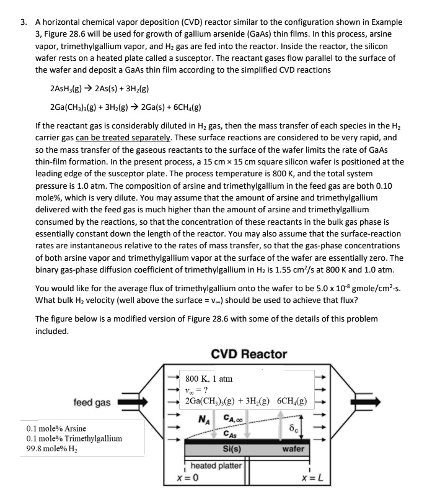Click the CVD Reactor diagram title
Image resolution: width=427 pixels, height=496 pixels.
coord(249,354)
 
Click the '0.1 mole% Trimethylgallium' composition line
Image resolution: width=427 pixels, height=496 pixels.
coord(74,438)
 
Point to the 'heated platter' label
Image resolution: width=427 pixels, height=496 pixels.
coord(216,465)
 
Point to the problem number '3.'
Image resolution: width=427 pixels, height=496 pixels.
coord(24,20)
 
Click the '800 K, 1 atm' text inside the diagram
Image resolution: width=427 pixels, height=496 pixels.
coord(209,378)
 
